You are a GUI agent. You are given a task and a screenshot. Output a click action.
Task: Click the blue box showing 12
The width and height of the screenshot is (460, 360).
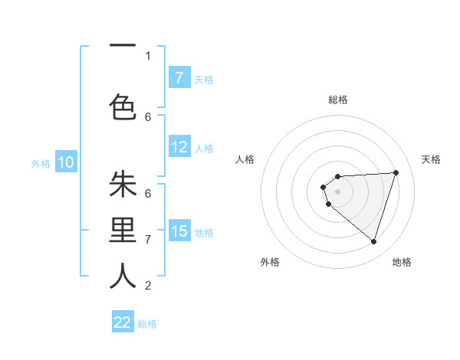pyautogui.click(x=179, y=147)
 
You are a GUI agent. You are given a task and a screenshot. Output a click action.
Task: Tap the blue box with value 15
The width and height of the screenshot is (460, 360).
pyautogui.click(x=179, y=231)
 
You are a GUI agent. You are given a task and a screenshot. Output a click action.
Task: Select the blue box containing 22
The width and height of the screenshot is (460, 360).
pyautogui.click(x=123, y=322)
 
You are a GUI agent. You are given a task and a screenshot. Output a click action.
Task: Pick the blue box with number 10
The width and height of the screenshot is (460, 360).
pyautogui.click(x=66, y=162)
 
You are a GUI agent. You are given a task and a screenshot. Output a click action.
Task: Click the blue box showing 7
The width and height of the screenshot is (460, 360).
pyautogui.click(x=179, y=78)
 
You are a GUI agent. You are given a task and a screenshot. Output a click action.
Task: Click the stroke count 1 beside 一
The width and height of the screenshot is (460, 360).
pyautogui.click(x=148, y=55)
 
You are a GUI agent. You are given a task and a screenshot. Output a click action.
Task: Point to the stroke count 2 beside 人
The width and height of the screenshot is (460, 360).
pyautogui.click(x=148, y=286)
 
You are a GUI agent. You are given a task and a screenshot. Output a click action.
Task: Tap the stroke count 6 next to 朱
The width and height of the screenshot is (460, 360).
pyautogui.click(x=148, y=193)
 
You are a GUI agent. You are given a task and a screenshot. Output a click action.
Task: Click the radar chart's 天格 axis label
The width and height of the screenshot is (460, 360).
pyautogui.click(x=432, y=159)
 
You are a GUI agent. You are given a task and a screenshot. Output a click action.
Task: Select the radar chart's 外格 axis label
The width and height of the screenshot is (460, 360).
pyautogui.click(x=270, y=262)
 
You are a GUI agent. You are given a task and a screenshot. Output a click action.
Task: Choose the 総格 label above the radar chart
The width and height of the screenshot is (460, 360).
pyautogui.click(x=337, y=100)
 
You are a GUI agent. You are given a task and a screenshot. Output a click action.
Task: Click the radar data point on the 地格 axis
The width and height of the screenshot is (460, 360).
pyautogui.click(x=373, y=242)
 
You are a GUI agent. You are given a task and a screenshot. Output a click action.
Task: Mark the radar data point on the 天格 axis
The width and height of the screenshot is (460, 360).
pyautogui.click(x=396, y=172)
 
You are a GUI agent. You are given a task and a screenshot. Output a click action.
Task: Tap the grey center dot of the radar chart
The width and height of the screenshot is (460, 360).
pyautogui.click(x=337, y=190)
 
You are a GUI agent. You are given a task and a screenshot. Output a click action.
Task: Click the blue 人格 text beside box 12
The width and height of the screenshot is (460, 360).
pyautogui.click(x=204, y=148)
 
